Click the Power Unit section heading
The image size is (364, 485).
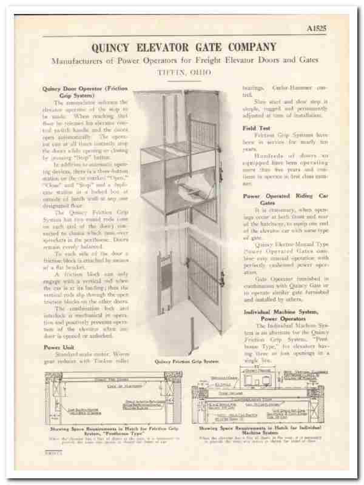[59, 347]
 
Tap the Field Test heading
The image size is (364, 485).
[257, 128]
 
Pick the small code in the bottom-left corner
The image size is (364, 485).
[53, 452]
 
